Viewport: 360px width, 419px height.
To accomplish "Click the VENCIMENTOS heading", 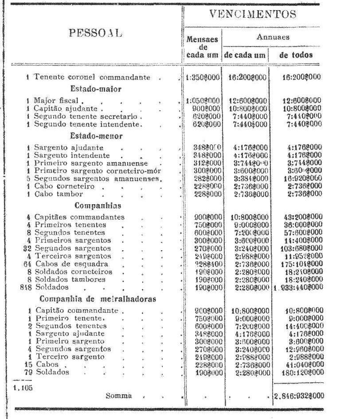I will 253,14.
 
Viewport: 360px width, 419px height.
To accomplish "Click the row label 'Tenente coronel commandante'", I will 92,77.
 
